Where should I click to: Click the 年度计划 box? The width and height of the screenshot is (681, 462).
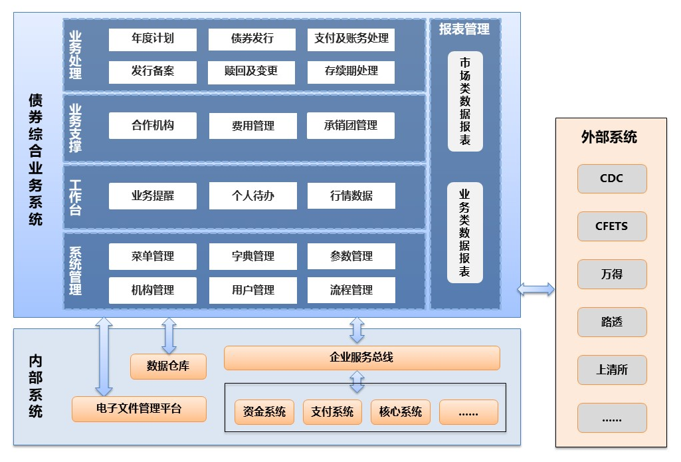(x=152, y=39)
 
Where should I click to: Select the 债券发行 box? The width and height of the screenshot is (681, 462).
(x=252, y=39)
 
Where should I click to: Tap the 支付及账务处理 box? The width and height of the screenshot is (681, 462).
(x=351, y=39)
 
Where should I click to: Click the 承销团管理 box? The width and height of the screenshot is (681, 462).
(x=351, y=126)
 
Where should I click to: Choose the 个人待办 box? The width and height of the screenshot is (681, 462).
(x=252, y=196)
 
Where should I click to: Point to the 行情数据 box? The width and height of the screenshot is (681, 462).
(x=351, y=196)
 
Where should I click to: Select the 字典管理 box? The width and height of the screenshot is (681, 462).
(x=252, y=257)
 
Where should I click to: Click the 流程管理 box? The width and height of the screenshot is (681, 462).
(x=351, y=290)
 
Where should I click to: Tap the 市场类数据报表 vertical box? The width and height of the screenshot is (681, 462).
(x=465, y=102)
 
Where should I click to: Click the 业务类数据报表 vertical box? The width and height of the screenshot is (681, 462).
(x=465, y=233)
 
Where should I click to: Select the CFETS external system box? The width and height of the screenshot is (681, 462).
(x=612, y=227)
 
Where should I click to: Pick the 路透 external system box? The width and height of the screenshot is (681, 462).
(x=612, y=322)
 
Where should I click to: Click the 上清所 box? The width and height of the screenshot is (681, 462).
(x=612, y=370)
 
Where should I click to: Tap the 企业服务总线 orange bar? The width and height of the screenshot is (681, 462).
(x=361, y=358)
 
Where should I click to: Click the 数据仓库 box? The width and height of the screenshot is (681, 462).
(x=168, y=366)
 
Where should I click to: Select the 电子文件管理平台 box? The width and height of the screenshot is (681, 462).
(x=139, y=409)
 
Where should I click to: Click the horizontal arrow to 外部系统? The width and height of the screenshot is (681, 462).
(x=536, y=289)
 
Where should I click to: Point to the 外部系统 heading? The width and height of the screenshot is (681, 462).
(x=609, y=137)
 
